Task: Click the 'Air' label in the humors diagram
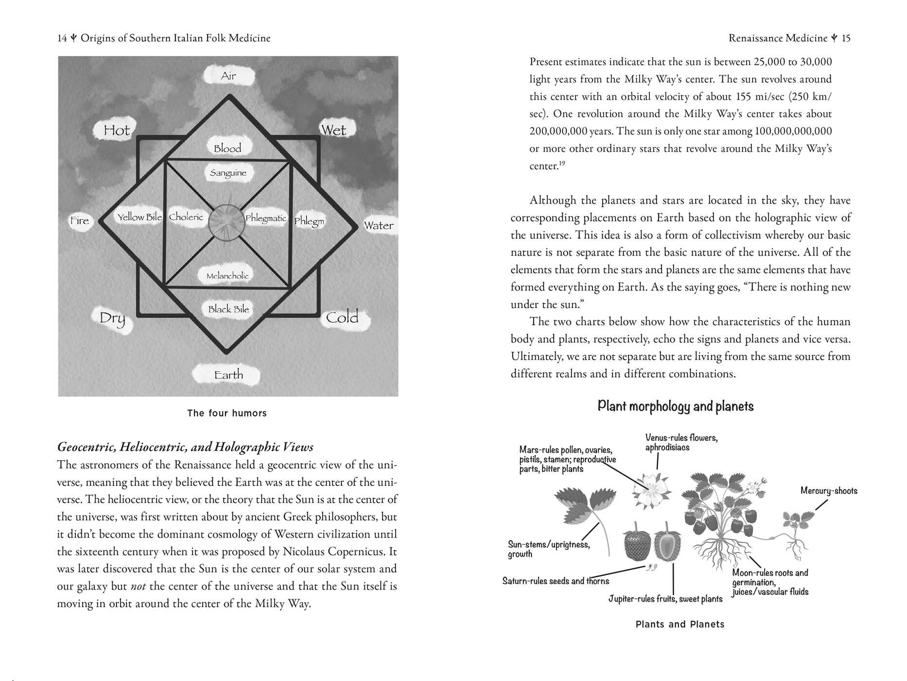click(x=228, y=76)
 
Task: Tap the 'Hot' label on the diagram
click(x=117, y=130)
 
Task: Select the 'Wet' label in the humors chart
click(x=333, y=130)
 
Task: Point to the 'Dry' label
click(x=112, y=318)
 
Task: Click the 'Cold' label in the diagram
click(x=342, y=318)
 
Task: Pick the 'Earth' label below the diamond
click(x=228, y=375)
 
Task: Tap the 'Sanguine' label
click(x=228, y=173)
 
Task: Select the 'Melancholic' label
click(x=227, y=276)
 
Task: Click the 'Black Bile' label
click(x=228, y=309)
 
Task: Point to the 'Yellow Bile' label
click(x=140, y=217)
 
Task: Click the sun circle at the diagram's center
click(x=227, y=222)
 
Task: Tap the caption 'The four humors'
click(x=227, y=413)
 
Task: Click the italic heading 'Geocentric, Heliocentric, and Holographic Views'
click(x=185, y=447)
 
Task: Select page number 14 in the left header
click(x=62, y=38)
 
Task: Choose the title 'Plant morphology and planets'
click(x=675, y=406)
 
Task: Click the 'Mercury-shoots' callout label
click(x=829, y=491)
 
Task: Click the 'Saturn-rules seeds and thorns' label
click(x=556, y=581)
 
